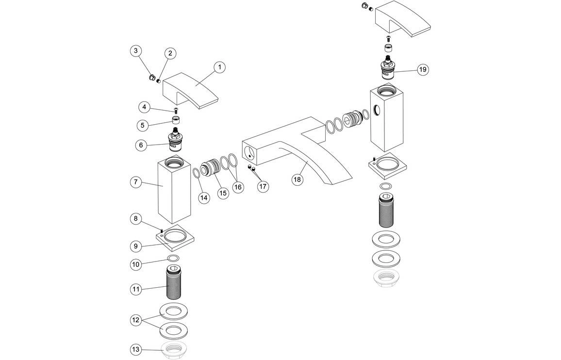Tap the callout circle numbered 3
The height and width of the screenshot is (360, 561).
point(136,50)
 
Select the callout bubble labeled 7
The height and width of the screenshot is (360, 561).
point(136,182)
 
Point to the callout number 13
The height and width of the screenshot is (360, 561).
point(136,349)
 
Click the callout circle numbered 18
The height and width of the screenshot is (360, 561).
point(297,179)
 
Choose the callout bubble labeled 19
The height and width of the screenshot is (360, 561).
point(423,69)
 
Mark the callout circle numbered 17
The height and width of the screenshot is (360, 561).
point(263,186)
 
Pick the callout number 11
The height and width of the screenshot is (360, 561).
point(136,289)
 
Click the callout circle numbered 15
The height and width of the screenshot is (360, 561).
point(222,193)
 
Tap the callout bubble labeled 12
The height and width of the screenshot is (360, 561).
point(136,320)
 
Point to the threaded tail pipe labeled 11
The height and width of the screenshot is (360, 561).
point(173,283)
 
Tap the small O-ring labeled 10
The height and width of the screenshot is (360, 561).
point(173,257)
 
